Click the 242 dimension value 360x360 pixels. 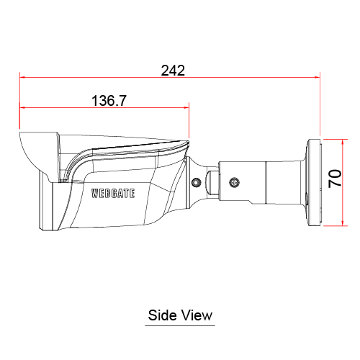173,71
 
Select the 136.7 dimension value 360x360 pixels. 109,101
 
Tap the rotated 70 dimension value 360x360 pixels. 335,179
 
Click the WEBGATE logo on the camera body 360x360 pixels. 113,194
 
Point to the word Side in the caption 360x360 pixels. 161,315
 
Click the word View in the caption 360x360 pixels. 197,315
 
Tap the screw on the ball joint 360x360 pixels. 197,182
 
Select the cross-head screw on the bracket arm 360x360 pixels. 235,182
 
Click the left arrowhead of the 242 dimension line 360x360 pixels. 22,77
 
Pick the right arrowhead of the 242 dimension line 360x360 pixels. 318,77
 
